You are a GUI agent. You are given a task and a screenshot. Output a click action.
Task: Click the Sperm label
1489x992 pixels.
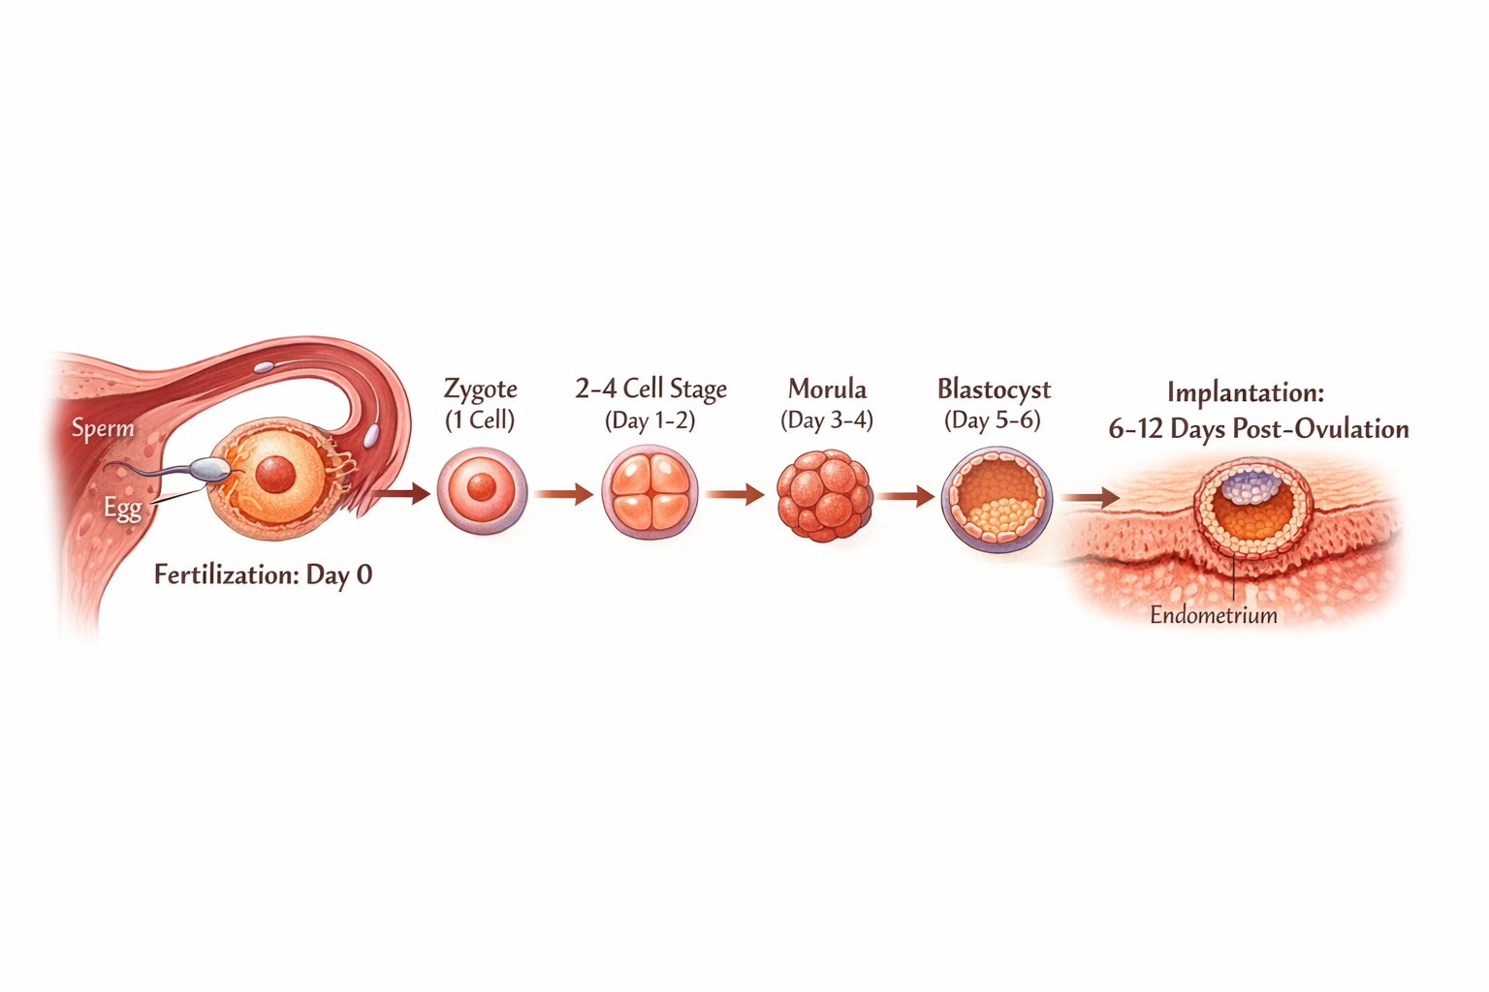point(103,427)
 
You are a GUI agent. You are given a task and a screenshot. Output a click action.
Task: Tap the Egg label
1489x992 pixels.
point(123,508)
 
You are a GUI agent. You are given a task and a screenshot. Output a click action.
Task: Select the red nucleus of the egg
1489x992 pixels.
point(275,475)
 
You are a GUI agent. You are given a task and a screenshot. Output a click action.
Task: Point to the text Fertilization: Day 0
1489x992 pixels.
point(263,574)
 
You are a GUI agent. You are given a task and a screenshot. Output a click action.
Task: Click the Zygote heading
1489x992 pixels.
point(480,388)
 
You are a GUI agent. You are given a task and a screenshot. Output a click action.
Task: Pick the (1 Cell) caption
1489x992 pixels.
point(480,419)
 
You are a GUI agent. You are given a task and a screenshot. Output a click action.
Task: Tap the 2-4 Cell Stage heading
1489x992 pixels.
point(650,388)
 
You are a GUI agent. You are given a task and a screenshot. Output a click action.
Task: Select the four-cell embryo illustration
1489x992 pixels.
point(649,493)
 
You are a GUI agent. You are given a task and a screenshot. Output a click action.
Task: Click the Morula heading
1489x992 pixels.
point(827,388)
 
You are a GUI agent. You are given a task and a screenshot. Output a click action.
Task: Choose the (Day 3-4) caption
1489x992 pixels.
point(827,419)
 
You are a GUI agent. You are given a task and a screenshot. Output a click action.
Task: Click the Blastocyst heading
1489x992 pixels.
point(994,388)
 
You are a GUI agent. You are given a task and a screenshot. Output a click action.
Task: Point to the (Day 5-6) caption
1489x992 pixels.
point(993,419)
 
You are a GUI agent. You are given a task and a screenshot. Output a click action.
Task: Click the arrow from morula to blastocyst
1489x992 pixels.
point(905,496)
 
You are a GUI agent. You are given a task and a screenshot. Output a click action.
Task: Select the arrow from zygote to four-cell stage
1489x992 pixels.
point(563,495)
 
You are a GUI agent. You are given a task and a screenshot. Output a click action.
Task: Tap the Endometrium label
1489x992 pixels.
point(1213,615)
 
